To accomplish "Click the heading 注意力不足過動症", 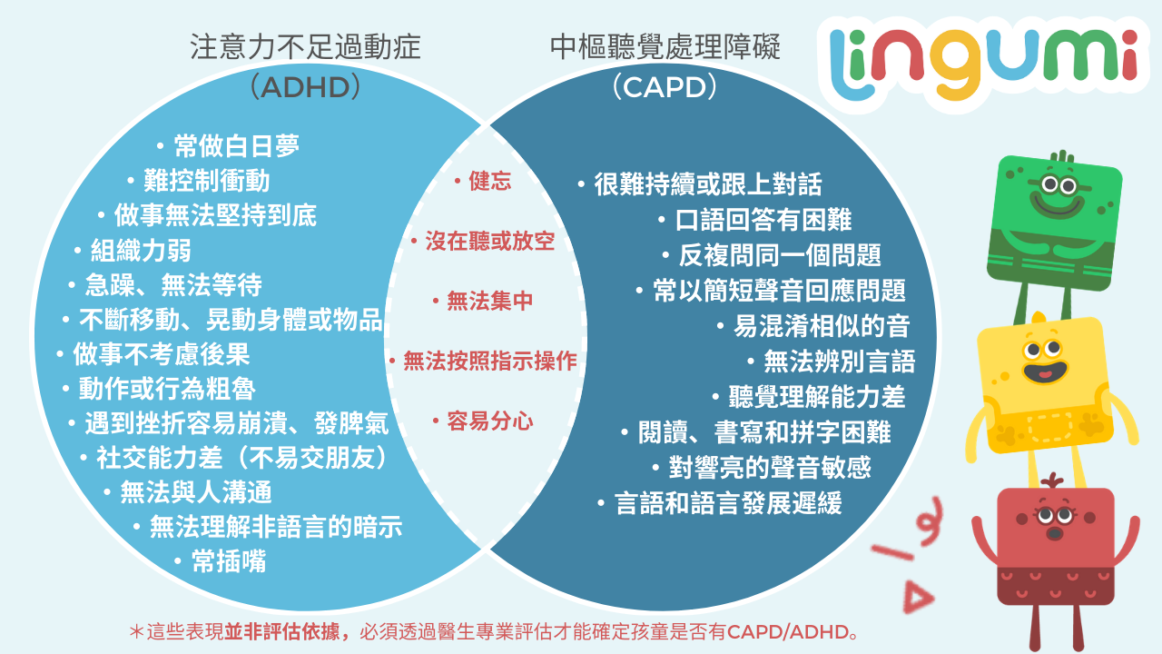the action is (x=305, y=47).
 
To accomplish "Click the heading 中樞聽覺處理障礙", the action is (x=665, y=47).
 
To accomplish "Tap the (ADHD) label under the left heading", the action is (x=305, y=87).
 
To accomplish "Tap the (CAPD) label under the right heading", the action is (x=665, y=87).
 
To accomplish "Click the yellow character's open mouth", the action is (x=1045, y=372).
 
